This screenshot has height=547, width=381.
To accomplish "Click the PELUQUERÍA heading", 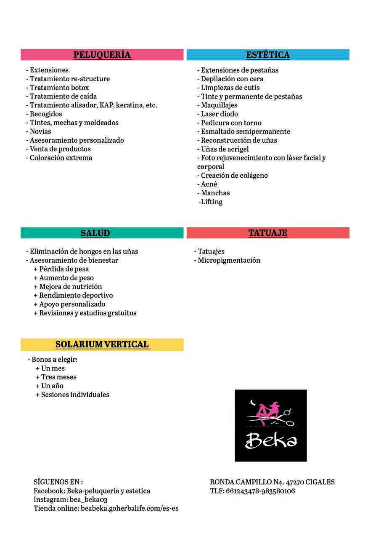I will click(102, 55).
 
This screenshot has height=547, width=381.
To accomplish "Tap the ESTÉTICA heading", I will click(268, 55).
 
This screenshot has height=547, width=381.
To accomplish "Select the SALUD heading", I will click(95, 233).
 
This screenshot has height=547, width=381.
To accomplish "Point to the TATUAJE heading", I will click(268, 233).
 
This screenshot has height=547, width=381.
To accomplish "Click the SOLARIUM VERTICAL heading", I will click(102, 344).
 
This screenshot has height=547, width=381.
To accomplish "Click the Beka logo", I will click(270, 425).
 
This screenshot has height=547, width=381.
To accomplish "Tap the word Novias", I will click(40, 131).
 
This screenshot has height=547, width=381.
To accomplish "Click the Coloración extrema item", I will click(61, 158).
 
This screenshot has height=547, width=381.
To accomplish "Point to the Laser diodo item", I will click(219, 114).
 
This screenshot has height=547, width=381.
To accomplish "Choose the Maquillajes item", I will click(219, 105).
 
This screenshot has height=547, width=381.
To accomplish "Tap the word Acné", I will click(209, 184).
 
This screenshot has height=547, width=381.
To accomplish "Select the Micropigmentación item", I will click(229, 260).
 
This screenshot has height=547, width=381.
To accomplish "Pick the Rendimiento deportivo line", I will click(76, 295).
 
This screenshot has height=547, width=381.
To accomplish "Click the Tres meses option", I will click(58, 377).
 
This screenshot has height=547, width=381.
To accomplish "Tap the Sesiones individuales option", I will click(75, 395).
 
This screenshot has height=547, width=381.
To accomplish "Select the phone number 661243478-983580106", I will click(260, 491).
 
